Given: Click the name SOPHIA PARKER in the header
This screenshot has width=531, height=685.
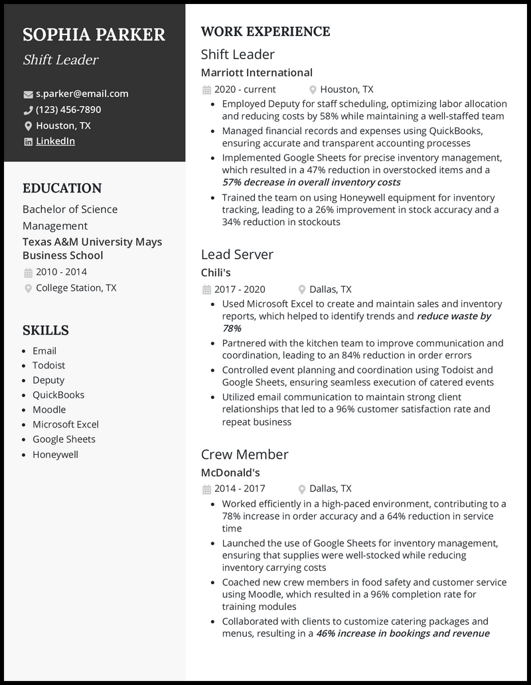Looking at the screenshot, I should click(94, 35).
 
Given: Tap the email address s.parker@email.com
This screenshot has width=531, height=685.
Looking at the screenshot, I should click(82, 94).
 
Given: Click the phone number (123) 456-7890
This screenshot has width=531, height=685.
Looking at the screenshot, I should click(68, 110).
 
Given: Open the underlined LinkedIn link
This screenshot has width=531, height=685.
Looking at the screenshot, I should click(55, 141).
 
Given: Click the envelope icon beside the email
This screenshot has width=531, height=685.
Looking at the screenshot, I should click(28, 94).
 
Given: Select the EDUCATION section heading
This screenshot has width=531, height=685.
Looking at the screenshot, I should click(62, 188).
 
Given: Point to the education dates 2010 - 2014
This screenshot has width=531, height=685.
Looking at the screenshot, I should click(61, 271).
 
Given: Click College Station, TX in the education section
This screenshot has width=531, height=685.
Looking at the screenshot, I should click(76, 287).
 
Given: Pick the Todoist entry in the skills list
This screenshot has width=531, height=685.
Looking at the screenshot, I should click(48, 365).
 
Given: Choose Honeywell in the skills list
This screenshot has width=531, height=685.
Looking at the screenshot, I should click(55, 454).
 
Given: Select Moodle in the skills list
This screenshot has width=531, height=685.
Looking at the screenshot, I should click(49, 410).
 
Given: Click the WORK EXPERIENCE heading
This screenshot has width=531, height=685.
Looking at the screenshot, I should click(265, 32).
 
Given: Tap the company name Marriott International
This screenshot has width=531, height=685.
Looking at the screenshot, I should click(256, 72).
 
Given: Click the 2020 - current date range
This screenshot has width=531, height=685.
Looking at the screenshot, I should click(245, 89).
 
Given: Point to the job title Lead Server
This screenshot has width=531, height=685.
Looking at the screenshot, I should click(237, 254).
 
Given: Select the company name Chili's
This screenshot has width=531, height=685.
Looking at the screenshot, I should click(215, 273).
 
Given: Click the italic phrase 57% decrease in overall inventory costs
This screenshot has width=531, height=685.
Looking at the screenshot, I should click(311, 182).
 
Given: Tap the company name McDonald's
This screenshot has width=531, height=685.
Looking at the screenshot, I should click(230, 473).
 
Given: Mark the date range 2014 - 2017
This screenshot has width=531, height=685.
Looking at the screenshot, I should click(239, 489).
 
